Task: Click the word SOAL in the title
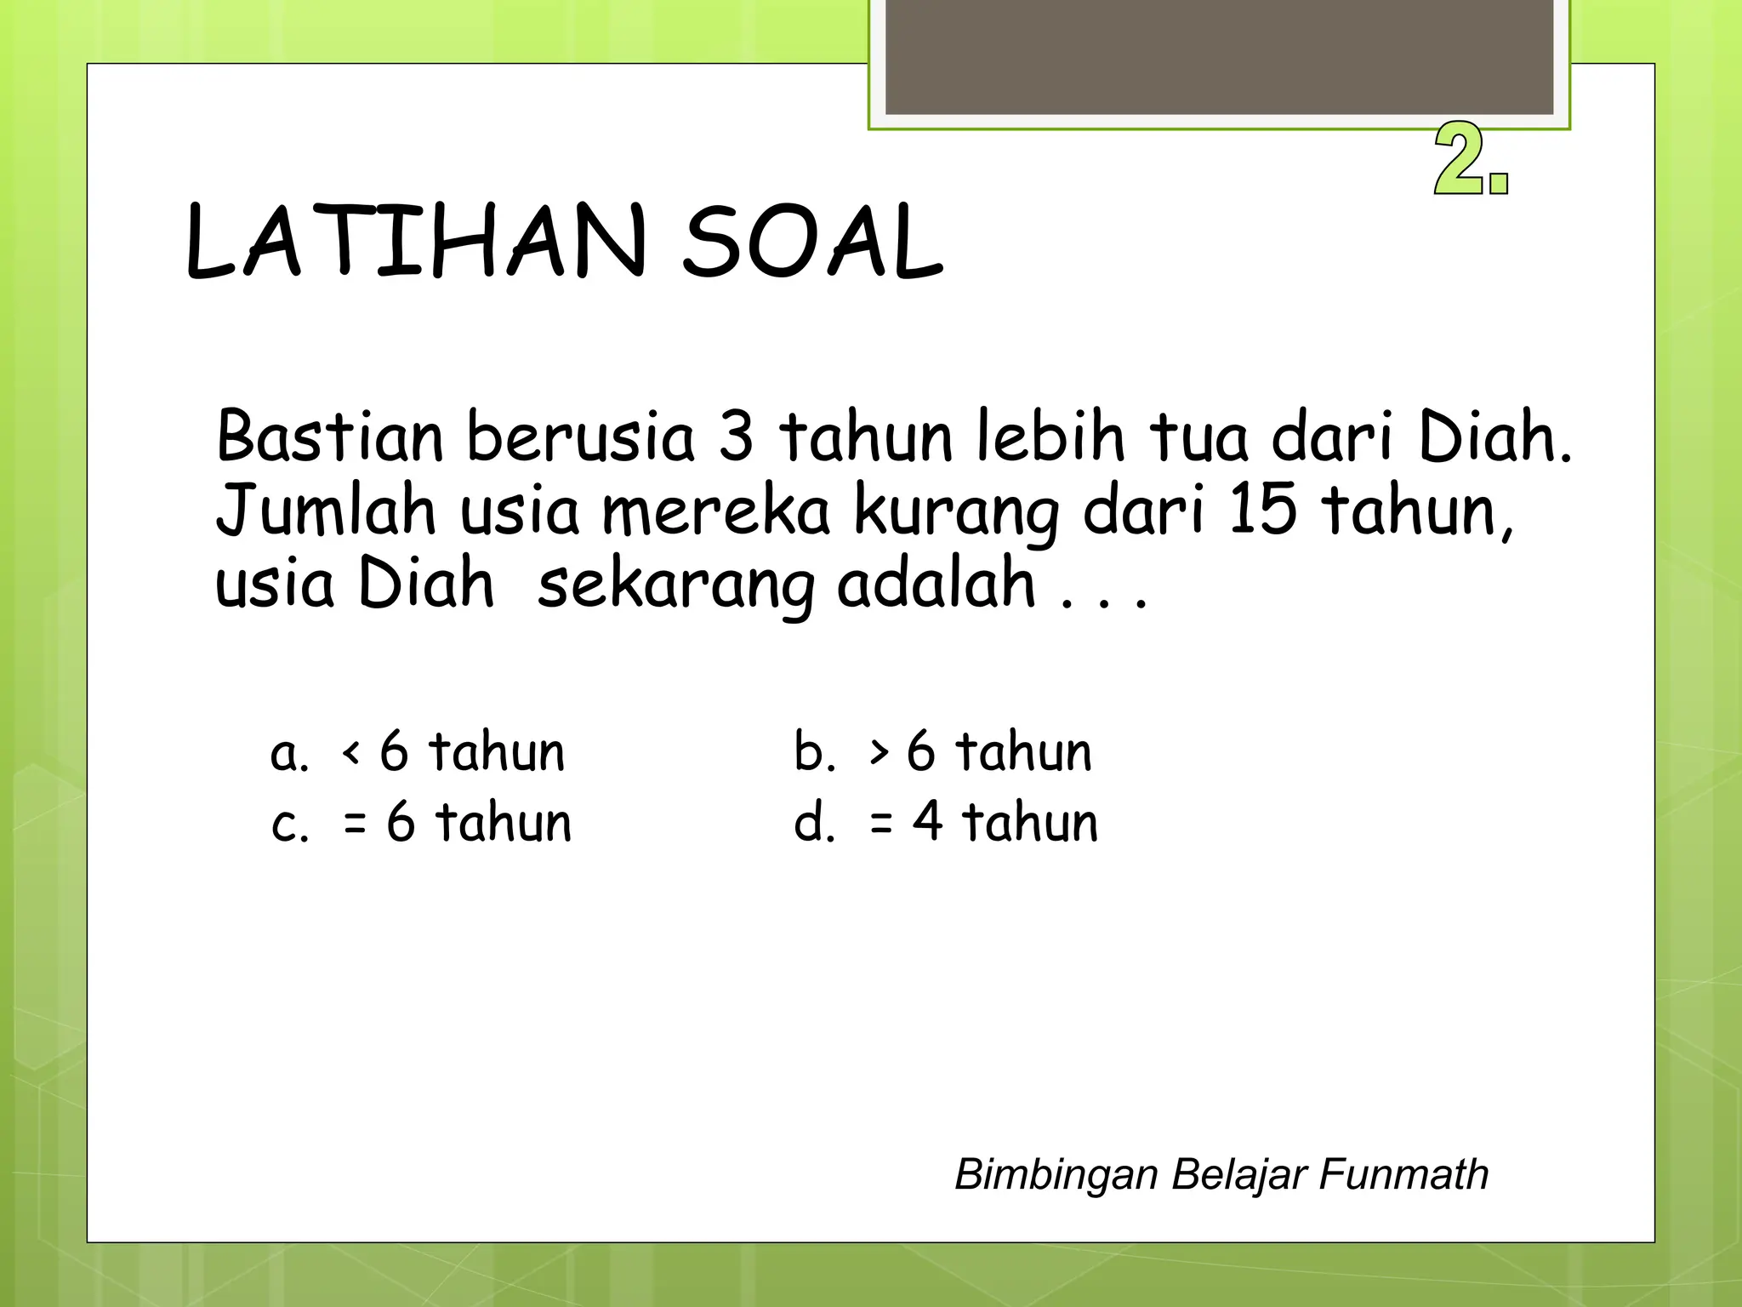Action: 812,242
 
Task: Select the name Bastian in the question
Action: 329,437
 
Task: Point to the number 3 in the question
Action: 736,437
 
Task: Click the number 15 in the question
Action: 1263,510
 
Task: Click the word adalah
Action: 936,584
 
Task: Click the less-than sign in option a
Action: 350,752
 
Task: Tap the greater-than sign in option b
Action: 879,752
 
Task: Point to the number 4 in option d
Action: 928,822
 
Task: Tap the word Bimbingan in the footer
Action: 1056,1175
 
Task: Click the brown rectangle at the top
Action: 1219,56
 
